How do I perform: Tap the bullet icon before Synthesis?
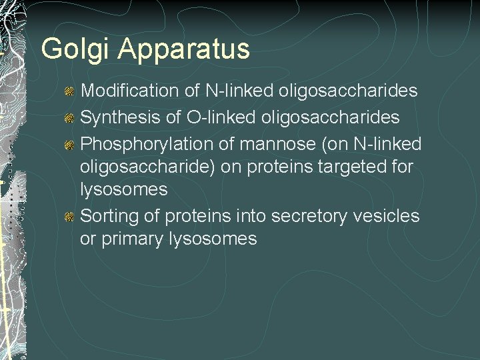coord(69,118)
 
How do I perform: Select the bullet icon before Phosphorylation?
coord(69,145)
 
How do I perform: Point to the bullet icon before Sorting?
coord(69,217)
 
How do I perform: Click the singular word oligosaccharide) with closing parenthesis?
coord(157,167)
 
